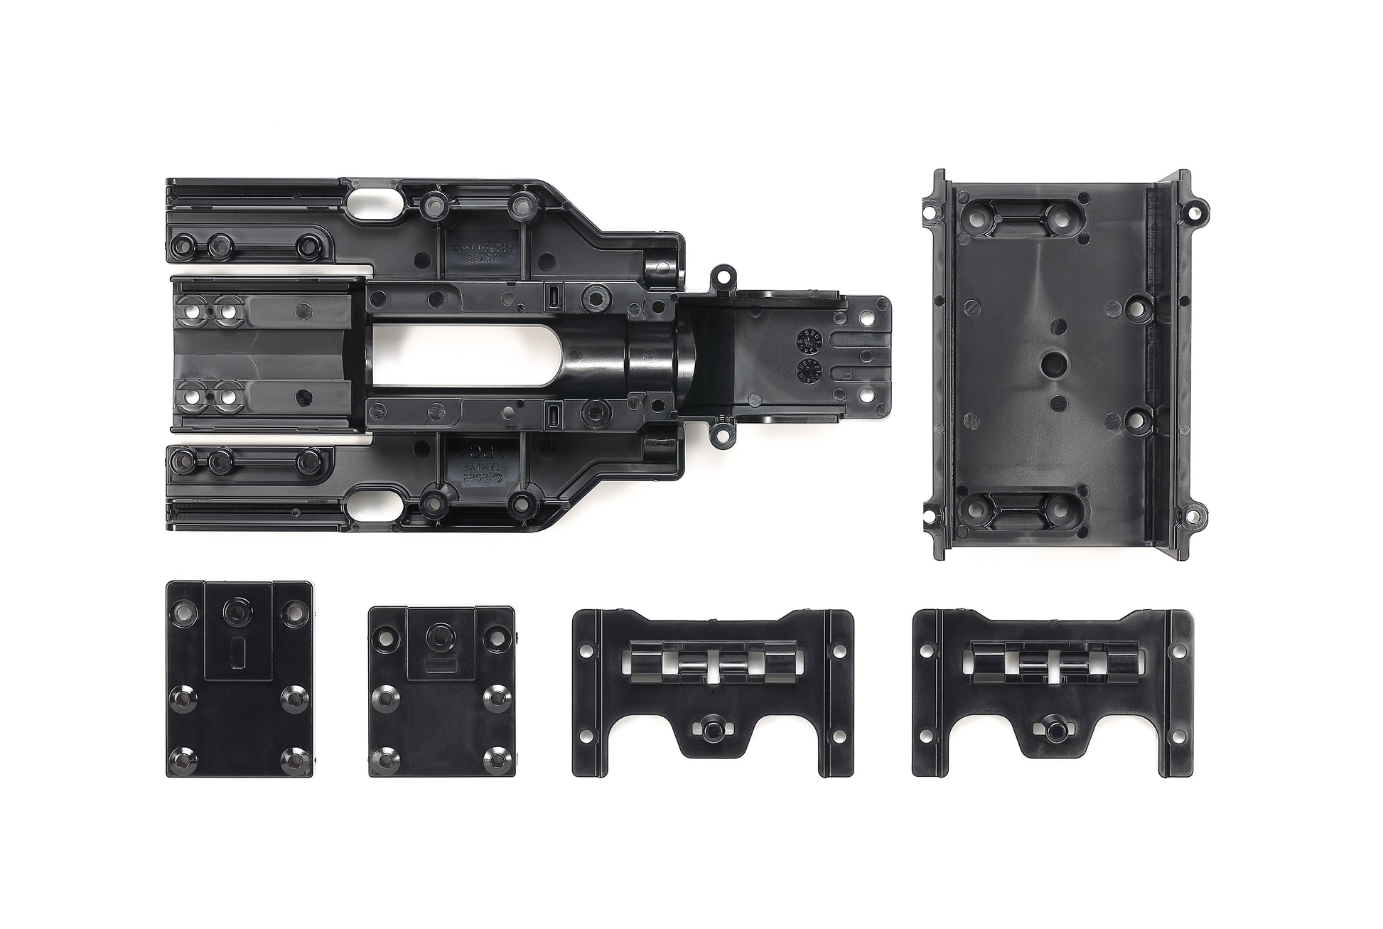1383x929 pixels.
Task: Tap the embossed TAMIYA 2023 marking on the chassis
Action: coord(472,463)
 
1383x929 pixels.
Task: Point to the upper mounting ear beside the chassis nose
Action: coord(723,273)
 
